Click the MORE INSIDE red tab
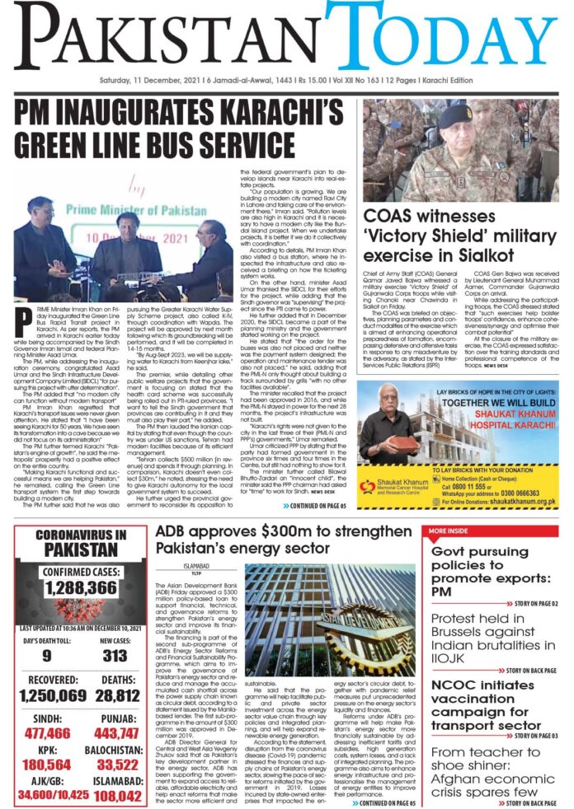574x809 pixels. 449,530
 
